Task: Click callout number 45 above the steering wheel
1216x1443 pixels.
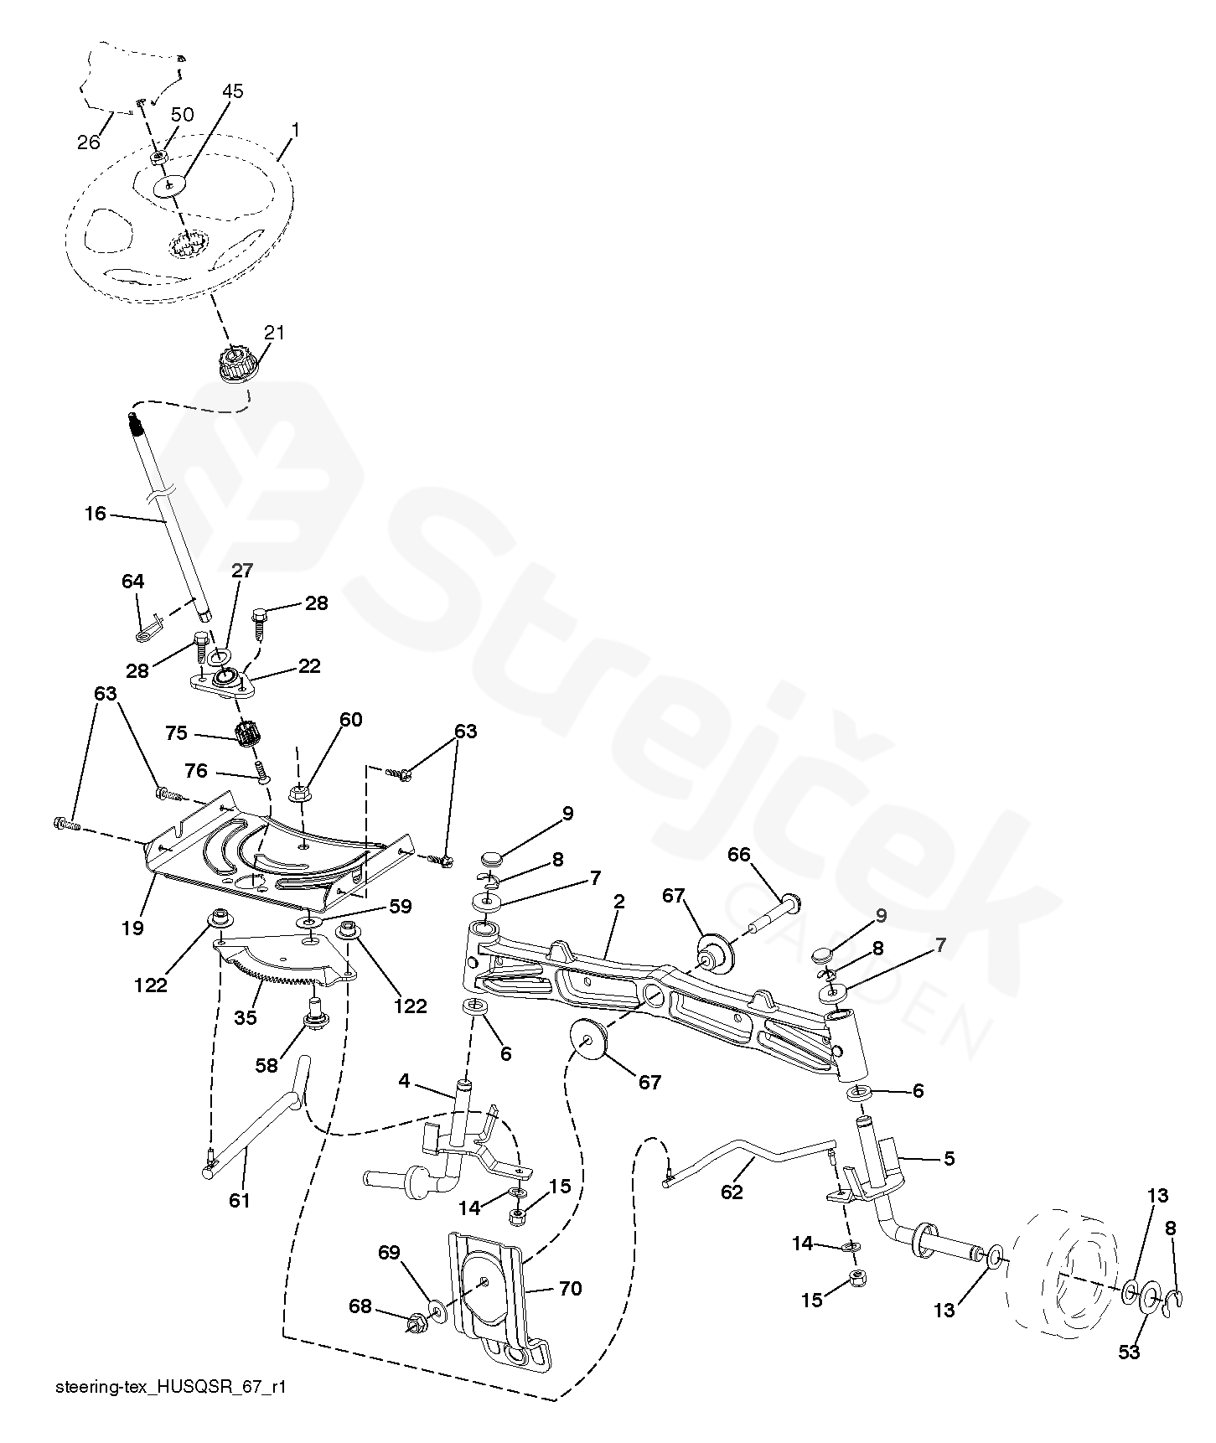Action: tap(232, 91)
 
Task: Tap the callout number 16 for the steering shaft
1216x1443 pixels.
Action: tap(96, 513)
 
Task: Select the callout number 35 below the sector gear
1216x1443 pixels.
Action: tap(245, 1017)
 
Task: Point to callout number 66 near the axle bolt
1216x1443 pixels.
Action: tap(738, 854)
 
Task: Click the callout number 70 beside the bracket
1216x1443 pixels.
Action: tap(570, 1288)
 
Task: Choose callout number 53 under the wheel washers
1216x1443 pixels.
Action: tap(1130, 1352)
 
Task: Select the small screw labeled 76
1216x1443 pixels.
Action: tap(261, 769)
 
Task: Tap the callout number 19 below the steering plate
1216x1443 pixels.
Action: tap(132, 927)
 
